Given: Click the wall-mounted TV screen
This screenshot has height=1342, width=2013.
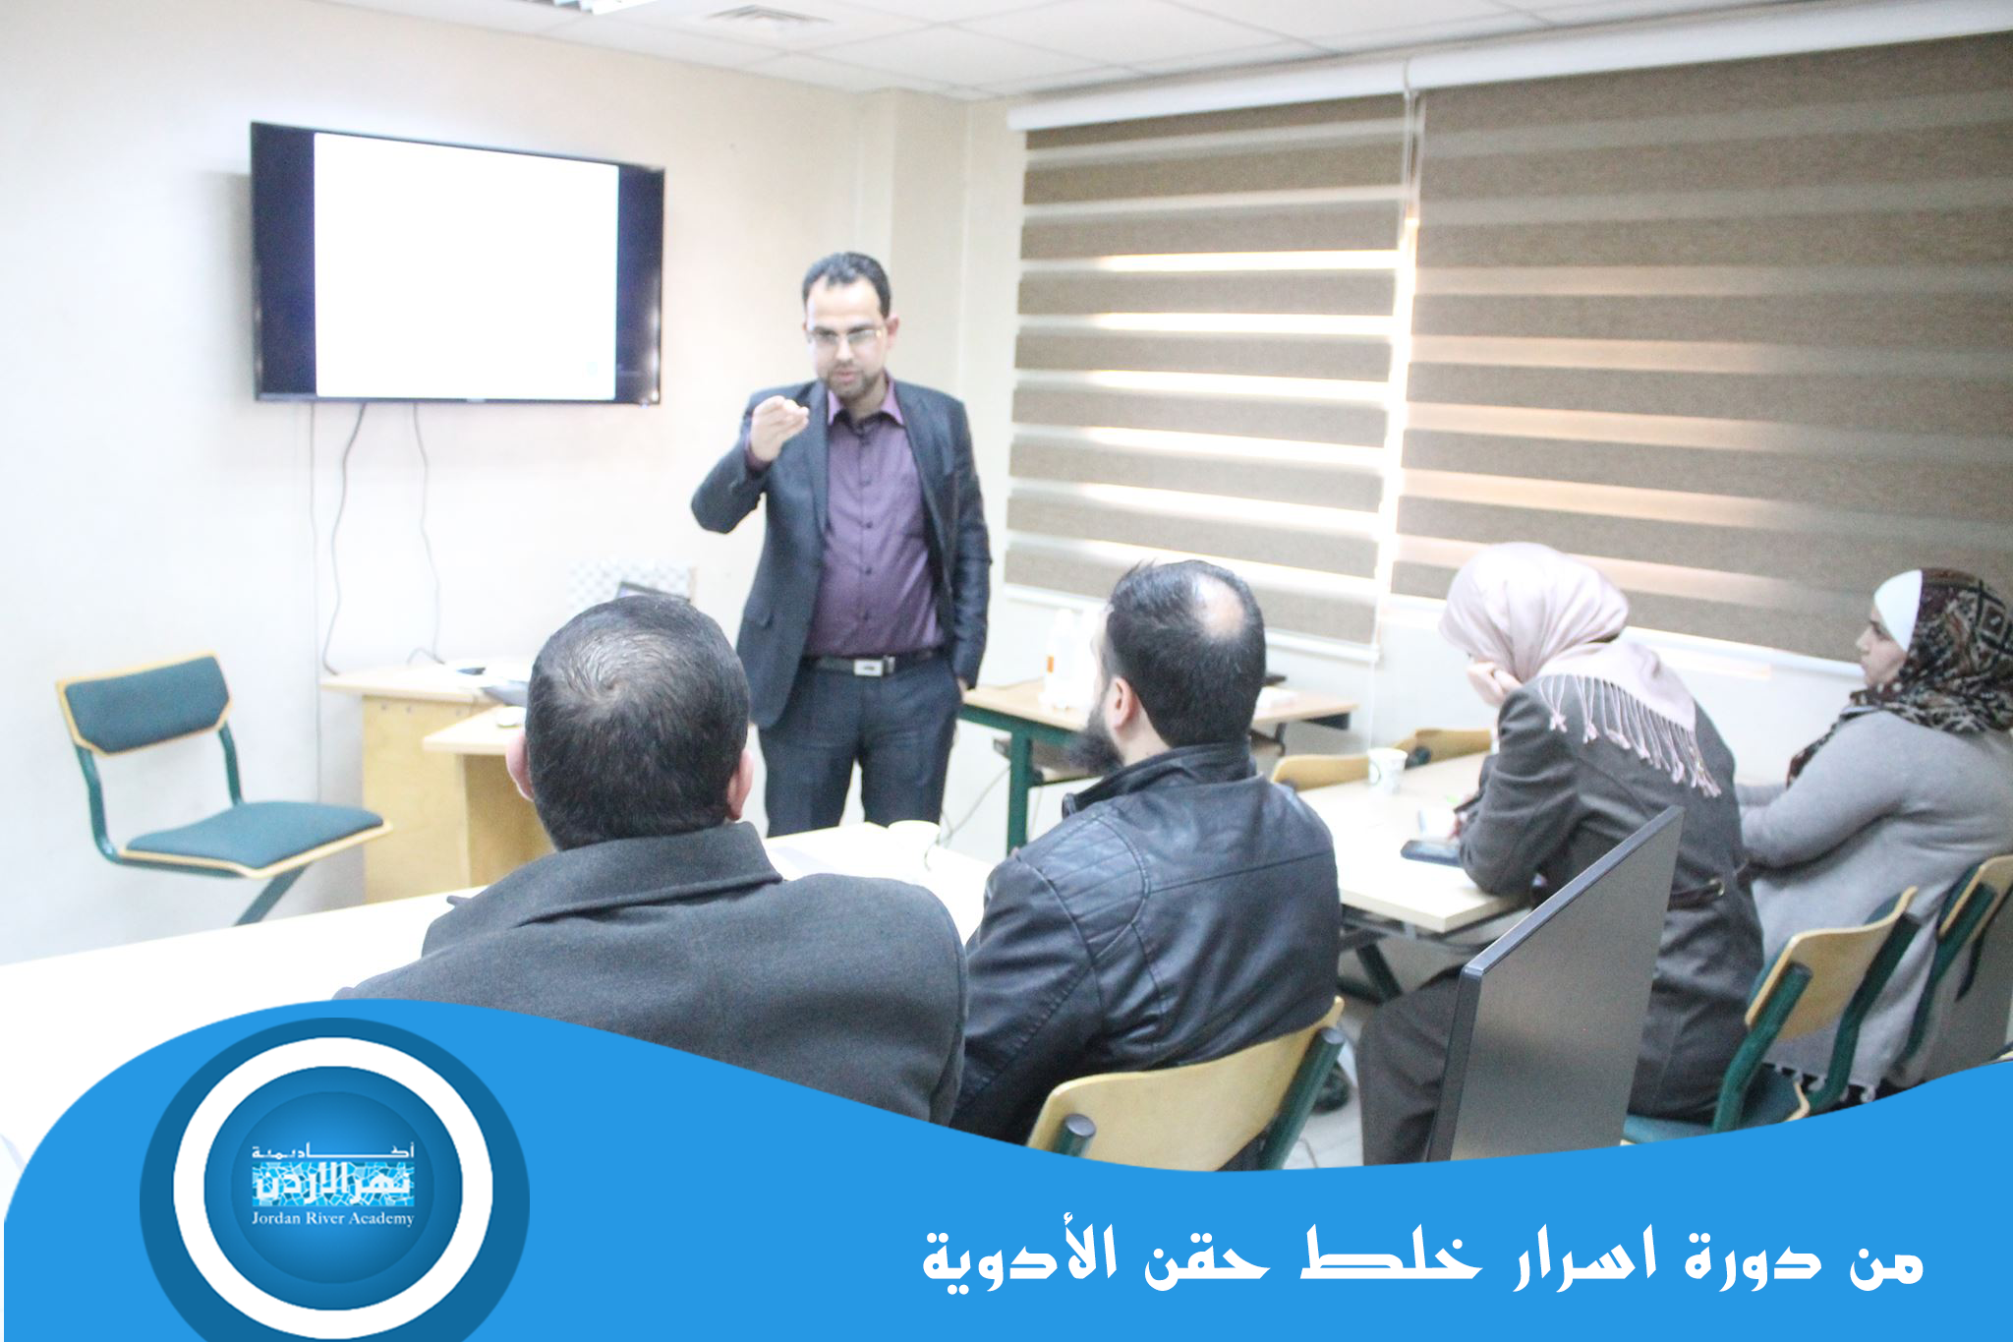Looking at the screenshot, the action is [x=457, y=263].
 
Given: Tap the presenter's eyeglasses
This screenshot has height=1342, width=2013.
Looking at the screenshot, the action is [x=844, y=336].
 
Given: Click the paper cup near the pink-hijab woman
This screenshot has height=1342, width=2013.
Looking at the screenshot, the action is [x=1387, y=770].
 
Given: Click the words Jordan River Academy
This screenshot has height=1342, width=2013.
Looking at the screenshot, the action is [x=332, y=1219].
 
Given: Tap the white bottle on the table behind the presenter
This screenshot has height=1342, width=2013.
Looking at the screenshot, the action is [x=1059, y=654].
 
